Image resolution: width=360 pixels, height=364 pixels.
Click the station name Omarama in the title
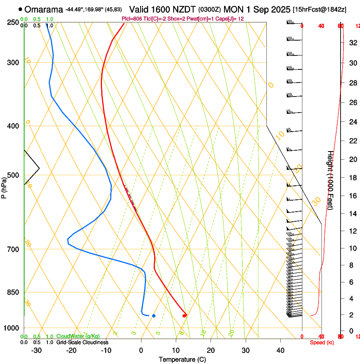44,9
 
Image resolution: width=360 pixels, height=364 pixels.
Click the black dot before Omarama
20,9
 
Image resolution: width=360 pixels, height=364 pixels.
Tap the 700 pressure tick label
14,249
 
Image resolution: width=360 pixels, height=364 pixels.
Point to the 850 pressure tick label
14,292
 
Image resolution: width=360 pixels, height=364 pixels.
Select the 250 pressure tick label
14,22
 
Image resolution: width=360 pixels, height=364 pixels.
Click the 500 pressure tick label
14,175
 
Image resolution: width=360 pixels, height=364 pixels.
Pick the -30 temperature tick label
36,350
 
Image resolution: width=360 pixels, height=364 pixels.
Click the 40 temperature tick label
280,350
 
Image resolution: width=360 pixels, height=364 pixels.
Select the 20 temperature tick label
210,350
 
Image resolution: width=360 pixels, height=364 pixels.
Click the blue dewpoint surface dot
154,316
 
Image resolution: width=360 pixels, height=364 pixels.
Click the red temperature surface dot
184,315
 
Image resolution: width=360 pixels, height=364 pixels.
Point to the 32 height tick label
352,42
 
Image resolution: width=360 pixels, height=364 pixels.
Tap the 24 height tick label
352,122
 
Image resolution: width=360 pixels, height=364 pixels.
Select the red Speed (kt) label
321,342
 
